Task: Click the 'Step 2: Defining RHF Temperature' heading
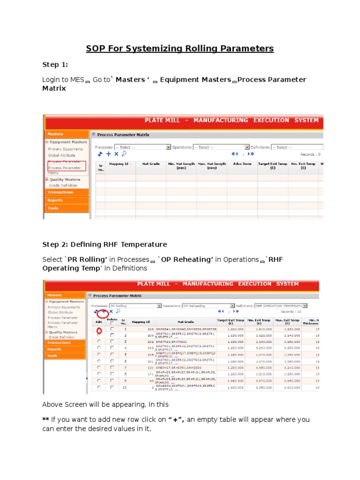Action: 104,244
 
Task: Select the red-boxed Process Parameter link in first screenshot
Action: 64,167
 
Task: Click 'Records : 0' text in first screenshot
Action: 310,154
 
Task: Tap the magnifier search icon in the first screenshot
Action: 124,154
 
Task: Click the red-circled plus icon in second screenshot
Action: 104,311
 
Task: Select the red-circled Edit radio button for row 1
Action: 98,330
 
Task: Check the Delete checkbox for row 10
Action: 112,388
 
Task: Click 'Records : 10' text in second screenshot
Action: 305,311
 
